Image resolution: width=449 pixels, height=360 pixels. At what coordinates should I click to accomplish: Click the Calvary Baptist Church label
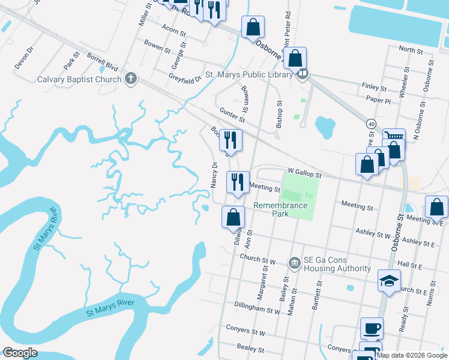pos(79,79)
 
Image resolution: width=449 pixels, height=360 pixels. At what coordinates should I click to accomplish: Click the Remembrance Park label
pos(280,209)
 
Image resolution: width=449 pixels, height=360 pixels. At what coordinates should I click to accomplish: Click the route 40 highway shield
pos(372,124)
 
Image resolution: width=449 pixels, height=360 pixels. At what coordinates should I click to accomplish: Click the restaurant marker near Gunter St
pos(231,140)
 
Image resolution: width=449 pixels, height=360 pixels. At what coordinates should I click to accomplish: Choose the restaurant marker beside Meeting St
pos(238,182)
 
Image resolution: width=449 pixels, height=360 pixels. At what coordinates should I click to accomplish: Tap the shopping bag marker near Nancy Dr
pos(234,217)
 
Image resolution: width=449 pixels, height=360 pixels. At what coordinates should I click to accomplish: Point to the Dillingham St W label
pos(258,311)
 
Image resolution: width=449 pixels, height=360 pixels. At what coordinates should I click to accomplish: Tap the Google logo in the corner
pos(20,353)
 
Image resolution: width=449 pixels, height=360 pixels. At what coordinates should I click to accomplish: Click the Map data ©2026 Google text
pos(412,355)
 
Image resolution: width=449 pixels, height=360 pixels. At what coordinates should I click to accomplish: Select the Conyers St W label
pos(246,331)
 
